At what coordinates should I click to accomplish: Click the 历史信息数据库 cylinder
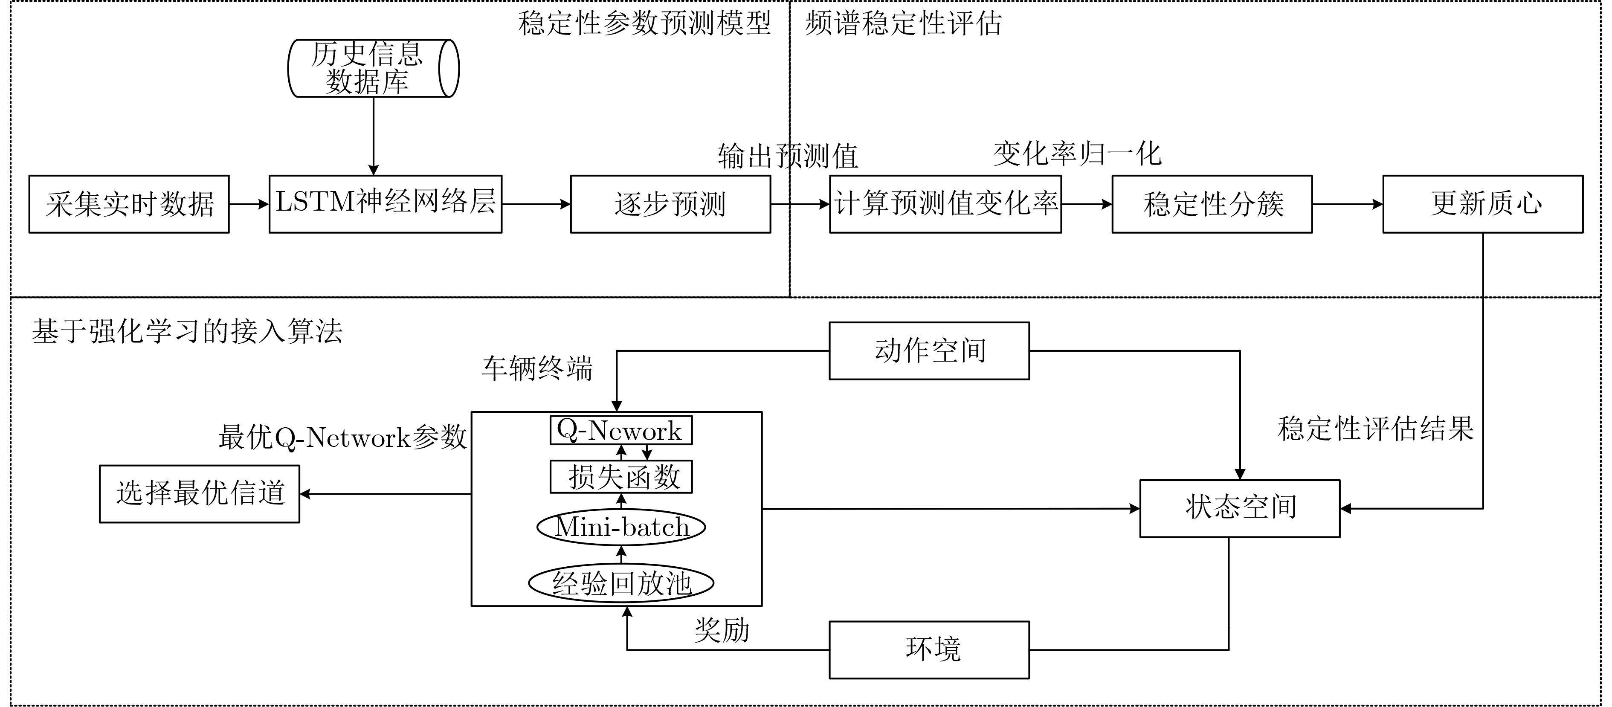coord(373,68)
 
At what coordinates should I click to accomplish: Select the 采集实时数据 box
coord(129,204)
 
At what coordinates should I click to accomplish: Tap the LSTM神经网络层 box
coord(386,204)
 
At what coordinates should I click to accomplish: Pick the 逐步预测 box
coord(670,204)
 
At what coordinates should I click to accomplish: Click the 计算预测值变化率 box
coord(945,204)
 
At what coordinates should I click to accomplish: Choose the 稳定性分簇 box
coord(1212,204)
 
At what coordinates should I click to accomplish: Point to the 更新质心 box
coord(1482,204)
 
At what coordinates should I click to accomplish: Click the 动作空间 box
coord(929,351)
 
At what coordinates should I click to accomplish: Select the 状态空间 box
coord(1240,508)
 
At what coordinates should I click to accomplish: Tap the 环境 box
coord(929,649)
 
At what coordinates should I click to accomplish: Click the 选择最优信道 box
coord(200,494)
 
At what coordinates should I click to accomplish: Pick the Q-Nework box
coord(621,430)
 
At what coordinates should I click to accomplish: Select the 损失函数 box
coord(621,477)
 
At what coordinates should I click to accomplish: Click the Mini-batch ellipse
coord(621,527)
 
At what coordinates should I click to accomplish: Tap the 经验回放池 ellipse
coord(621,583)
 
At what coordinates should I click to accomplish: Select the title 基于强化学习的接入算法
coord(187,331)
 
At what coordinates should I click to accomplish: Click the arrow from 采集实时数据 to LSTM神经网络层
coord(249,204)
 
